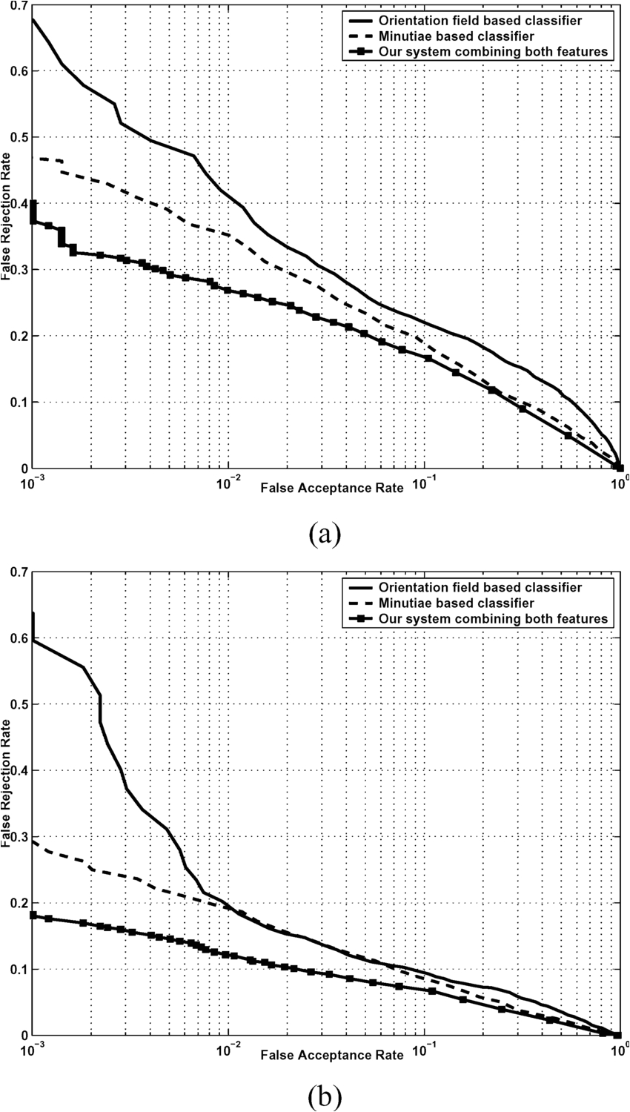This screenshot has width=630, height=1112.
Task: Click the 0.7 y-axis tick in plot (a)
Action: [x=16, y=6]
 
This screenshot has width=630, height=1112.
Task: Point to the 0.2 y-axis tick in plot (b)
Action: [x=16, y=903]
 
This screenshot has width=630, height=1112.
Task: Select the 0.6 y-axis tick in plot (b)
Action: [x=16, y=638]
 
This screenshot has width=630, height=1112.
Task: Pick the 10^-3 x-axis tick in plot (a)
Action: [x=32, y=482]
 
